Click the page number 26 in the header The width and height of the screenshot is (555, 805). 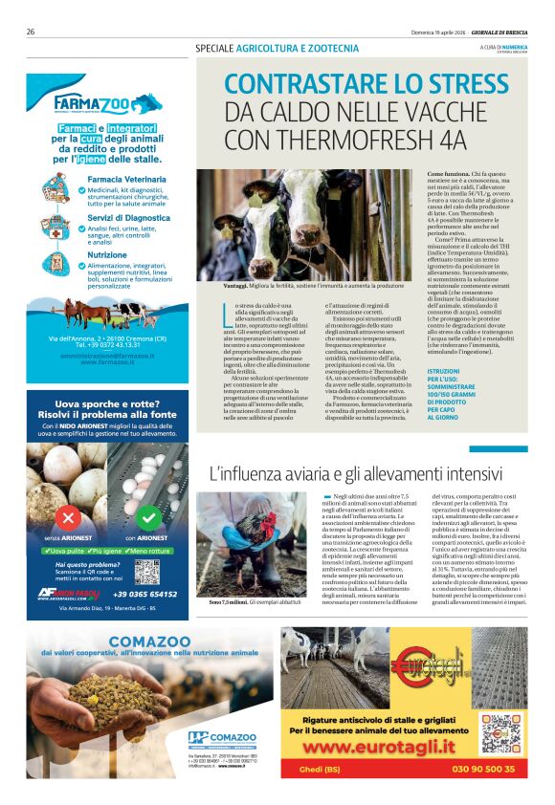31,32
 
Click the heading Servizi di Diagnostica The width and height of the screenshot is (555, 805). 128,218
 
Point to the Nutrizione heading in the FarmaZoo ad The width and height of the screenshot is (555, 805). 106,255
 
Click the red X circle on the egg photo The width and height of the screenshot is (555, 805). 68,517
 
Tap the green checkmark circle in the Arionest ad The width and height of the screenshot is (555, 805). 147,517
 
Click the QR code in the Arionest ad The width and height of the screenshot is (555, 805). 146,572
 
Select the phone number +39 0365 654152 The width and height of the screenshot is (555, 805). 144,595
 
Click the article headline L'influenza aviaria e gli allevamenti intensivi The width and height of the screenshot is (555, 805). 342,473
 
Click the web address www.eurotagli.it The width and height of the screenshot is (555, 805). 404,745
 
